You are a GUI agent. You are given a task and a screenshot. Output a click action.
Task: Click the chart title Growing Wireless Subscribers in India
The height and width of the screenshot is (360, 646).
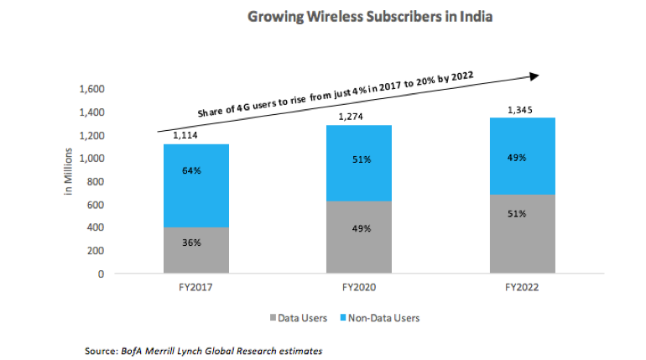370,17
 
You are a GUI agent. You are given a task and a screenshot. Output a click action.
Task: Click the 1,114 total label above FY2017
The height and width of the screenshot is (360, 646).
185,136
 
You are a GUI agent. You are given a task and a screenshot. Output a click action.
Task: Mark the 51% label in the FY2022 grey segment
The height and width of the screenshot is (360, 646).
516,214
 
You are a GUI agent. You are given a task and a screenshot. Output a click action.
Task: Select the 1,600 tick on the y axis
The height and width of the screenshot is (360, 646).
91,89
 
